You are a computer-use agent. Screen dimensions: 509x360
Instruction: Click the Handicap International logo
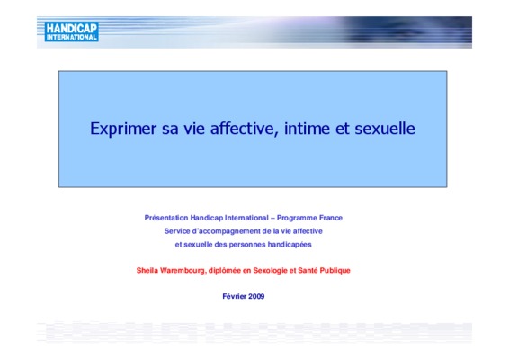71,31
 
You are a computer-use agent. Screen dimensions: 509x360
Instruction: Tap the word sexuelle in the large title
385,129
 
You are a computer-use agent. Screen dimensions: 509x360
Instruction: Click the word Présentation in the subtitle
166,218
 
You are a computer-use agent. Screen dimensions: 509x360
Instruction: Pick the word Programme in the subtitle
297,218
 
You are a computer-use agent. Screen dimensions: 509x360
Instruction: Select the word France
331,218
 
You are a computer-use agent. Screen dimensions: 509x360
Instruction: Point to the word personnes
247,245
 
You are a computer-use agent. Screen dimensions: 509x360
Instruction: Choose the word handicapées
290,245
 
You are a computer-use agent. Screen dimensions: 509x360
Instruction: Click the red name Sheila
147,270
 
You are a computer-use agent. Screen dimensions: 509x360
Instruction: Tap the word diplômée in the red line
224,271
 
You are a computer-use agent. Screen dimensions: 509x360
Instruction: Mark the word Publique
335,271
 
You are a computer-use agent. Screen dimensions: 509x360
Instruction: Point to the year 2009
256,296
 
